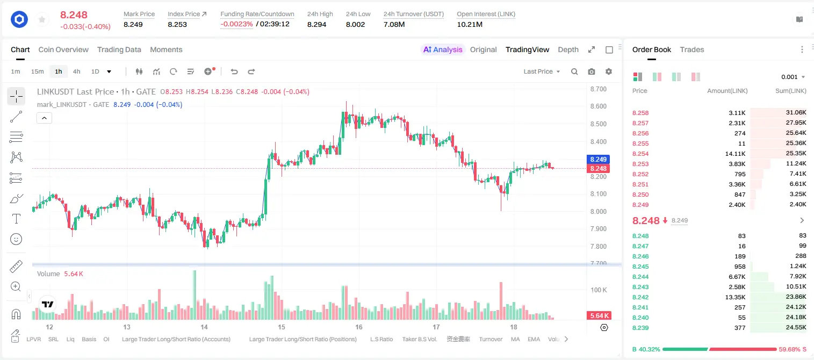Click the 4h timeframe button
click(x=76, y=71)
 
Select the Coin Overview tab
click(x=63, y=49)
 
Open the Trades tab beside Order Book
click(x=691, y=49)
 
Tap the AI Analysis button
click(x=442, y=49)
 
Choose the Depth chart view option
click(x=568, y=49)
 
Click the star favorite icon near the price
click(x=42, y=19)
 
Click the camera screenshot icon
click(x=591, y=71)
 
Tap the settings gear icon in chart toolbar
click(x=609, y=71)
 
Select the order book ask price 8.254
click(x=640, y=154)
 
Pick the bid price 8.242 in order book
click(x=640, y=297)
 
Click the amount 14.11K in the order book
click(x=735, y=154)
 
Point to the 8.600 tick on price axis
click(x=598, y=106)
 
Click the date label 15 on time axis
click(x=281, y=327)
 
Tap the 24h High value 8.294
click(x=316, y=24)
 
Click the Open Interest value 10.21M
click(x=470, y=24)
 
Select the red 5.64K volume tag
click(x=599, y=316)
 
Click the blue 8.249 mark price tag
click(x=598, y=159)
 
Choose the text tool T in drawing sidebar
click(x=16, y=219)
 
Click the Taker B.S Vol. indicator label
click(x=419, y=339)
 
